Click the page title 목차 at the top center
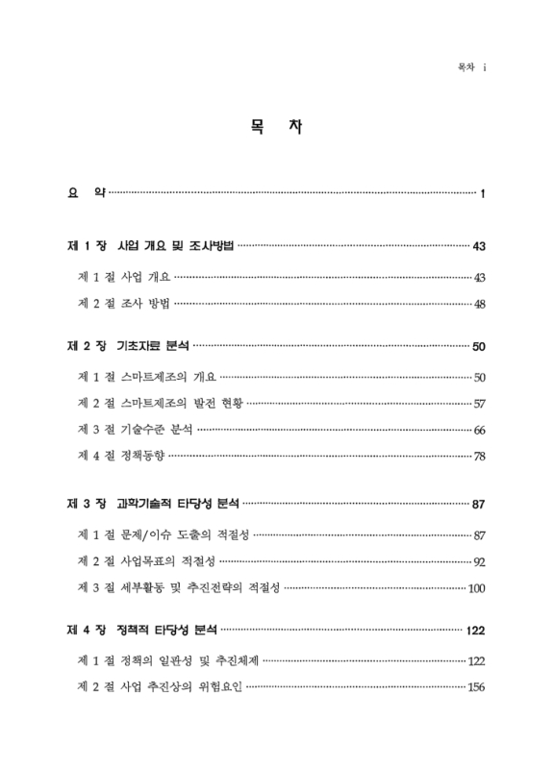tap(276, 127)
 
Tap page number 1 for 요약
tap(482, 194)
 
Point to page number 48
tap(479, 306)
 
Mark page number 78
tap(479, 456)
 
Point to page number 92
tap(479, 561)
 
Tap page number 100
tap(476, 587)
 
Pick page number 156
tap(476, 688)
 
